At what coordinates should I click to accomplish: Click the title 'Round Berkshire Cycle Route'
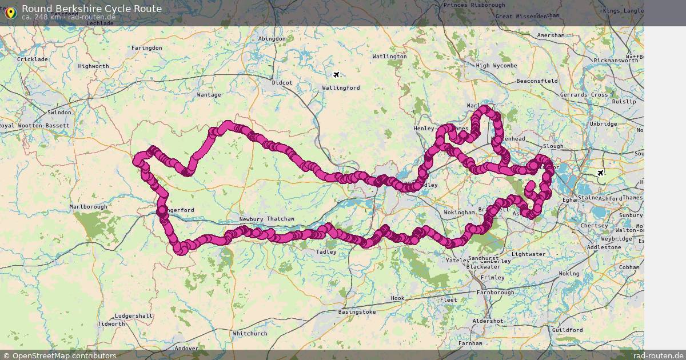coord(91,9)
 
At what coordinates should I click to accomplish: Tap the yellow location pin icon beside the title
coord(10,12)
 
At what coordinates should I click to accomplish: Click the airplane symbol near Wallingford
coord(337,75)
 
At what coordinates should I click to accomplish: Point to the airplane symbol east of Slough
coord(600,173)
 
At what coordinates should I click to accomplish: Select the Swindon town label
coord(60,113)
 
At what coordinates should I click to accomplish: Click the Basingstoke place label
coord(357,312)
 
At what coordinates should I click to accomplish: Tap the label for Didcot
coord(282,83)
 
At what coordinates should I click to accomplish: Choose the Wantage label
coord(209,95)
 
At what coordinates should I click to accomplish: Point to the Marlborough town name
coord(88,207)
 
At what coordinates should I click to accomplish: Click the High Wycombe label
coord(496,66)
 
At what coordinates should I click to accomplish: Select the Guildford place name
coord(567,330)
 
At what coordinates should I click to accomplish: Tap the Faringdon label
coord(146,48)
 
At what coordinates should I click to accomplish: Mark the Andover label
coord(186,349)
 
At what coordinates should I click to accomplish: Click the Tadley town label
coord(326,251)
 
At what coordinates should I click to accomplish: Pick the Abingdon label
coord(272,39)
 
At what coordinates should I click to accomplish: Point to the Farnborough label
coord(494,293)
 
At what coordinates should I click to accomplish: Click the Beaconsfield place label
coord(536,81)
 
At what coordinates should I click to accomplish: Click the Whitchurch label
coord(250,334)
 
